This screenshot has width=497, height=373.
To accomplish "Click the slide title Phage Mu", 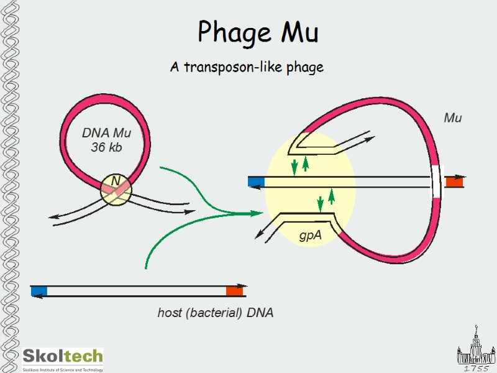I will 258,32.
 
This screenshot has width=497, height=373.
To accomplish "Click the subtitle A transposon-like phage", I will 247,67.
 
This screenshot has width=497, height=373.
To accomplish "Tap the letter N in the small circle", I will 115,180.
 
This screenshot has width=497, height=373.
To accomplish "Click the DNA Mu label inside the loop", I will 106,133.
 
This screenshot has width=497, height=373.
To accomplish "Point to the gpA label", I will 310,236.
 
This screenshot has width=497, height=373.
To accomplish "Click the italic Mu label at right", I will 452,117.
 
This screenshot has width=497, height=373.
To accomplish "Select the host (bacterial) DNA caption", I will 215,313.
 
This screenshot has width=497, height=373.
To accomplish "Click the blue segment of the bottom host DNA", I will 39,291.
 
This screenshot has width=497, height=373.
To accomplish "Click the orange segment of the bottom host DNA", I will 234,290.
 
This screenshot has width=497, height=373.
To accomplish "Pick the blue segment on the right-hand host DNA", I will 256,182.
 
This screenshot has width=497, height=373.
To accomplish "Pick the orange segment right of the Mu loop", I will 454,182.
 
